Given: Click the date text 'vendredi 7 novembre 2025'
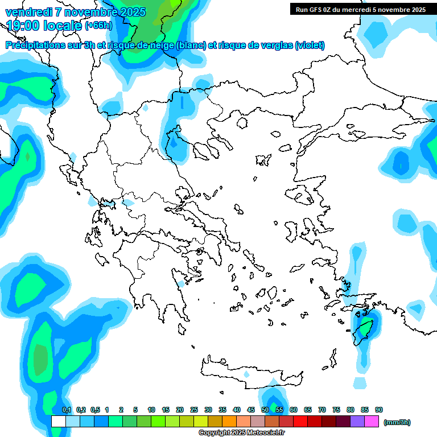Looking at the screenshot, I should pos(75,12).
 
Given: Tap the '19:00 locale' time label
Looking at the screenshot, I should pos(44,26).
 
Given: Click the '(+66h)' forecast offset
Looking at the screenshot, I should pos(98,26).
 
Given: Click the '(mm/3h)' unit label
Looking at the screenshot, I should pos(397,422).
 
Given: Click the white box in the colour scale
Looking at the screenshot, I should pos(58,421).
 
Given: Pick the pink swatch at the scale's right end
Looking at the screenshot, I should pos(372,421).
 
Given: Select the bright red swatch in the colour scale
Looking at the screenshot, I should pos(300,421).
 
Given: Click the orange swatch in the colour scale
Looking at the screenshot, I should pos(229,421).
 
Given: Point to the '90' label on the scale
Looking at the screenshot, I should pos(379,410).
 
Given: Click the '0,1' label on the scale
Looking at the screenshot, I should pos(66,410).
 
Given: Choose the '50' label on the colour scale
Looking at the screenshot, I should pos(265,410).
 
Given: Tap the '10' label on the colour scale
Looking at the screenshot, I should pos(151,410).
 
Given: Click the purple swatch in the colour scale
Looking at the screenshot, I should pos(357,421).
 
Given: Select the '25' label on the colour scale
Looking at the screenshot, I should pos(194,410).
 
